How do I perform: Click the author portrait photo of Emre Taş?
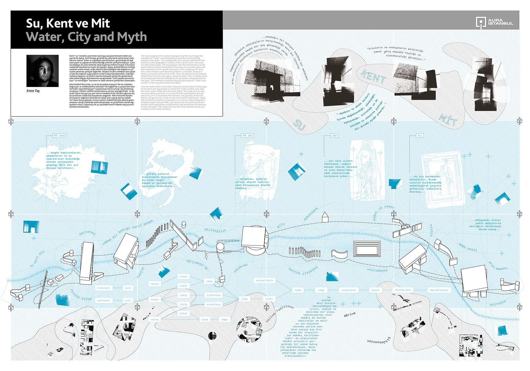(42, 71)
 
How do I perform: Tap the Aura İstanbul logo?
(494, 22)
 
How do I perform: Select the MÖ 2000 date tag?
(59, 136)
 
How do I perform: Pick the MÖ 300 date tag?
(247, 136)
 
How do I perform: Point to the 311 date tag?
(420, 136)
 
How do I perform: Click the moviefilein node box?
(264, 281)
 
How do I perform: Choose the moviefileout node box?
(439, 290)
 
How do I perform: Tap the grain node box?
(375, 290)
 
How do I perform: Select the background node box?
(402, 290)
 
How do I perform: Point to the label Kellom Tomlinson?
(280, 313)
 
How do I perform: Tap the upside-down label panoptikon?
(377, 270)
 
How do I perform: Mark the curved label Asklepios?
(311, 214)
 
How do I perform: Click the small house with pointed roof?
(325, 217)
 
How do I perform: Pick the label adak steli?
(467, 247)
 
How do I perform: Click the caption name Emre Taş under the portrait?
(33, 91)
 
